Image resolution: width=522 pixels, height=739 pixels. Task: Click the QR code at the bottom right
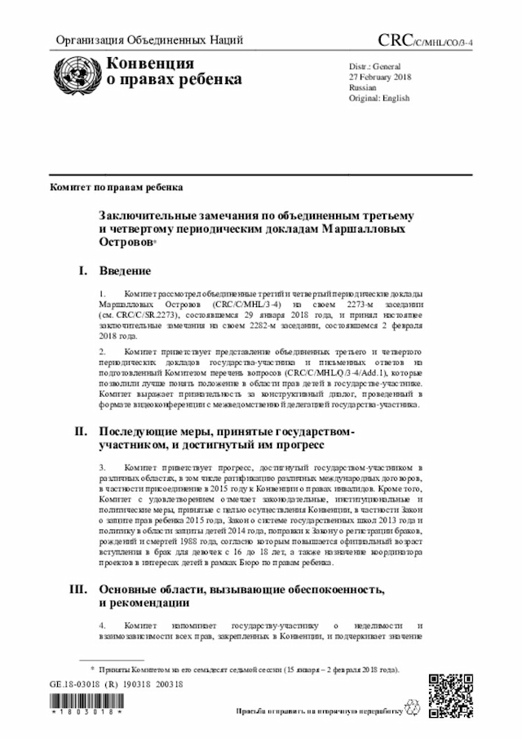(449, 693)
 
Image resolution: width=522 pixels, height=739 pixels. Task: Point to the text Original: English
(378, 97)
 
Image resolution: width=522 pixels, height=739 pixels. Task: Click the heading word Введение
(125, 270)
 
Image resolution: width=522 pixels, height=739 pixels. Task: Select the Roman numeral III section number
(80, 589)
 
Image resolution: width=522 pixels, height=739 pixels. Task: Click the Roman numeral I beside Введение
(82, 270)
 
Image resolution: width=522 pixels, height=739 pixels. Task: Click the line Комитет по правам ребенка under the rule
(116, 187)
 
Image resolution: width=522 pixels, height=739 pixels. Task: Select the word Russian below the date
(362, 87)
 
